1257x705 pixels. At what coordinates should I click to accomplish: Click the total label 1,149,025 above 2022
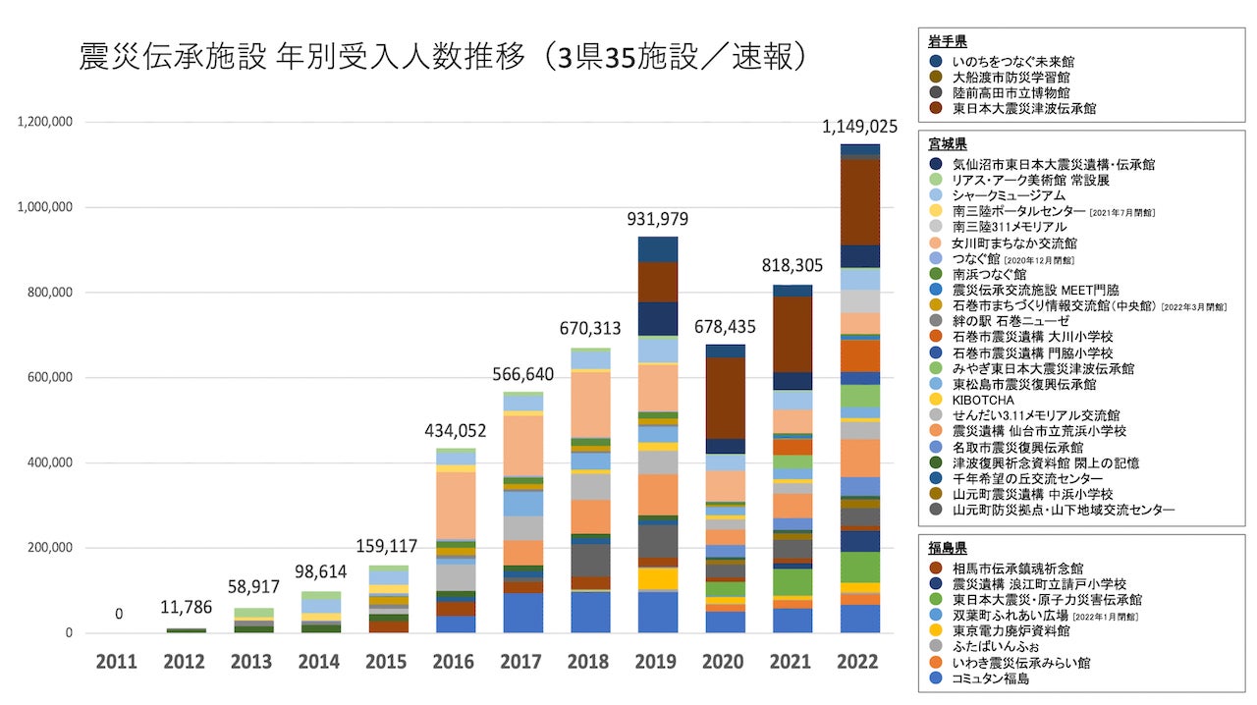[x=859, y=128]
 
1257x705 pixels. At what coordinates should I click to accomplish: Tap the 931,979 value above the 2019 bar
[x=657, y=219]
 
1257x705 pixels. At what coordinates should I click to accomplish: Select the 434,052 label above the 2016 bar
[x=456, y=430]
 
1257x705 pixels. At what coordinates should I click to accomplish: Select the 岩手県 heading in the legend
[x=948, y=41]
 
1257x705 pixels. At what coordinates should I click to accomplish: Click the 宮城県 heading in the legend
[x=948, y=144]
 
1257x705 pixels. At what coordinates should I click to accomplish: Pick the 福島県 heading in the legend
[x=948, y=548]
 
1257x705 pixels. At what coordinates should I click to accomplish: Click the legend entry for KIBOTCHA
[x=982, y=400]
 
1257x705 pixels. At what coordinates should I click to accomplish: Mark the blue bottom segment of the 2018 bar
[x=590, y=612]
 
